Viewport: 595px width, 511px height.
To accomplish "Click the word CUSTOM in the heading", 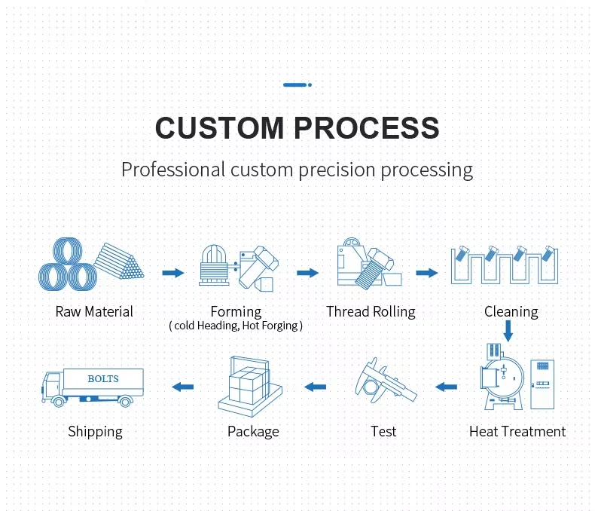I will (x=219, y=127).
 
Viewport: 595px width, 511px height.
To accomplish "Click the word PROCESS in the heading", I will (x=367, y=127).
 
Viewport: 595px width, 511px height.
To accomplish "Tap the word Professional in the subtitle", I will (x=172, y=170).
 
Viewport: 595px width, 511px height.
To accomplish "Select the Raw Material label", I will (x=94, y=311).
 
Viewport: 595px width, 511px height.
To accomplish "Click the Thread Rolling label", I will (x=371, y=311).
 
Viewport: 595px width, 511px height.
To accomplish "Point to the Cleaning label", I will (x=511, y=311).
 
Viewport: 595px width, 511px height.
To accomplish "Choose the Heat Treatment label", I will (x=517, y=431).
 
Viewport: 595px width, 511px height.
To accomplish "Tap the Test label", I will (x=383, y=431).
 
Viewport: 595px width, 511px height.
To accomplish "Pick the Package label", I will (x=253, y=431).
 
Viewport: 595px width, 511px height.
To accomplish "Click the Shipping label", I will (x=95, y=431).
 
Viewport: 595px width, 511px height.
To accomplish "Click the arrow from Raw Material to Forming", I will (x=173, y=272).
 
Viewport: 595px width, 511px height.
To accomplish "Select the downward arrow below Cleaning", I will (x=509, y=330).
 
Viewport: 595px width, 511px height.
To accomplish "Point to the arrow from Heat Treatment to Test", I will (x=447, y=387).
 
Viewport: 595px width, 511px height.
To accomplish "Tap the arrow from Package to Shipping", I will (x=182, y=387).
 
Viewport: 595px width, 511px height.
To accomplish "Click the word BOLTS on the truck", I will (x=103, y=378).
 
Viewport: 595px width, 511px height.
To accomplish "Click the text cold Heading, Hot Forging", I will (x=236, y=326).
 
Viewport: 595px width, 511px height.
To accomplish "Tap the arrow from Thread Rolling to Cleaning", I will (x=427, y=272).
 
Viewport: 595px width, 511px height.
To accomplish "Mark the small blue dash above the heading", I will (x=297, y=85).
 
